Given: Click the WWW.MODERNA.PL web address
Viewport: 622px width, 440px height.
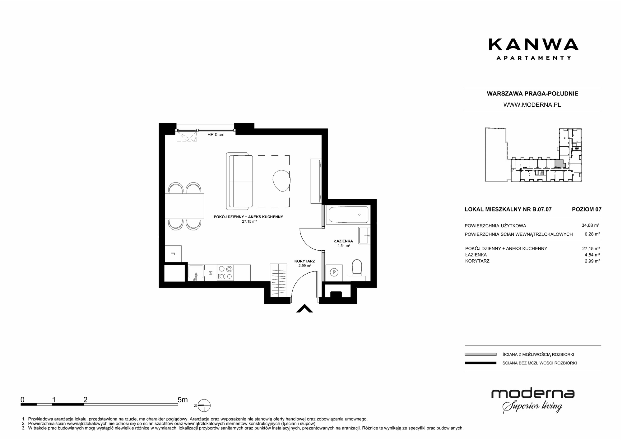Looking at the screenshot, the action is [x=532, y=105].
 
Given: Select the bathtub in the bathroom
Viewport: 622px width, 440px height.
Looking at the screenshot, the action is [x=348, y=215].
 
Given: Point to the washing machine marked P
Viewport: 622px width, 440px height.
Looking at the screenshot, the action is [x=334, y=273].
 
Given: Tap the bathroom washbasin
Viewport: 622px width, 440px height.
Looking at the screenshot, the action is [x=364, y=235].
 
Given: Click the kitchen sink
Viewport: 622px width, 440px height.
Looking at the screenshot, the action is [x=196, y=272].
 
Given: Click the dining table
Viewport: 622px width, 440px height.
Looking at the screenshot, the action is [x=184, y=206].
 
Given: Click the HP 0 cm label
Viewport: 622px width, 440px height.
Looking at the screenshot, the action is [x=216, y=135].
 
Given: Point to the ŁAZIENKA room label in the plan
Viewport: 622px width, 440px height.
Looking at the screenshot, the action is [x=343, y=241].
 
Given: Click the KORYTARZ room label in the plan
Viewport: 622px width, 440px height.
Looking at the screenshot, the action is [x=305, y=261].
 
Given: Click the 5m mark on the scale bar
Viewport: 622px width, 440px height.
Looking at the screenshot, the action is [x=183, y=400].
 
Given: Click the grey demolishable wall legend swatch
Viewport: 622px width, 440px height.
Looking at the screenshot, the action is [x=480, y=354].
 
